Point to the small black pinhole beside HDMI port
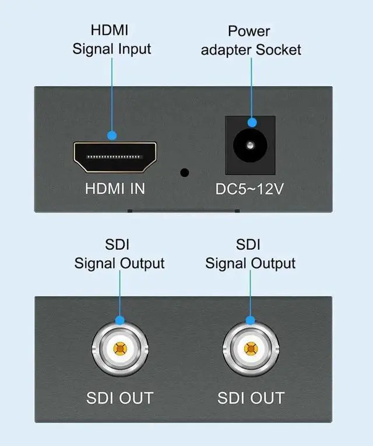(185, 173)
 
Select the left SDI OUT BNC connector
(119, 349)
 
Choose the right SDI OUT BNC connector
(251, 349)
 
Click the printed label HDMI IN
(115, 189)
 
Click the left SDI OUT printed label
(119, 398)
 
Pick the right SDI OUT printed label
(251, 398)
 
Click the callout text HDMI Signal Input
(112, 39)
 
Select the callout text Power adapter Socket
(251, 40)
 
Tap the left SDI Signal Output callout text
(119, 254)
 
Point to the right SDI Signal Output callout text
(251, 254)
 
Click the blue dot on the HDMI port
(112, 135)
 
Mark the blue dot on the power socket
(252, 122)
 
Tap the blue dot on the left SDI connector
(119, 320)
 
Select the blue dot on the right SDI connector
(251, 320)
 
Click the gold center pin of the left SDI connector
(119, 349)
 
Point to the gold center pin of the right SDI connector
(251, 349)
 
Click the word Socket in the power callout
(279, 49)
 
